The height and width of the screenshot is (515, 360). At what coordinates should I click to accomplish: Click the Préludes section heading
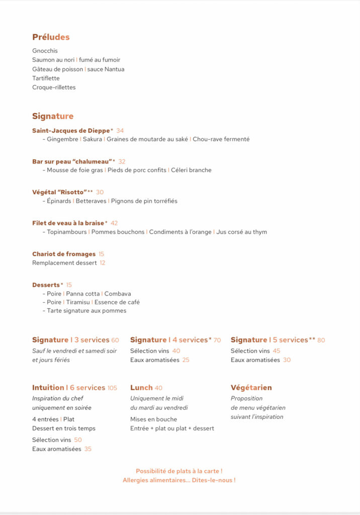51,37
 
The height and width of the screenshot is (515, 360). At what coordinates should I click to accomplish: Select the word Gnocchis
45,51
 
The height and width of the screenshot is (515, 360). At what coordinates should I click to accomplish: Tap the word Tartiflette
46,78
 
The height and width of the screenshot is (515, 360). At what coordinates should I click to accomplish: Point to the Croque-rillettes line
54,87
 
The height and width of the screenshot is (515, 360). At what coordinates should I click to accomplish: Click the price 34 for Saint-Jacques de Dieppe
120,131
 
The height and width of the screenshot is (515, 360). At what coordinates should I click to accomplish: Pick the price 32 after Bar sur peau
122,161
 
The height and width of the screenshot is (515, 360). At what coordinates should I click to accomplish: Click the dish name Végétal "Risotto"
59,192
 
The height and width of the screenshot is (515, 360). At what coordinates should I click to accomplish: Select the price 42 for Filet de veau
114,223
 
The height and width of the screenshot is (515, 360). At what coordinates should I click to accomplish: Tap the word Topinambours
67,232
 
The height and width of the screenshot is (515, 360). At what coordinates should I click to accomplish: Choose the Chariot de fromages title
64,254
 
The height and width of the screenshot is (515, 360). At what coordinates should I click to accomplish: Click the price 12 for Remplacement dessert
103,263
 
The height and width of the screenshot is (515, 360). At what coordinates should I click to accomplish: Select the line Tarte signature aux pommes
86,311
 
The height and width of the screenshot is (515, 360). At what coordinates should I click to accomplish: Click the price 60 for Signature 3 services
115,340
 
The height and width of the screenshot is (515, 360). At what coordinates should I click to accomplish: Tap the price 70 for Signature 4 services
217,340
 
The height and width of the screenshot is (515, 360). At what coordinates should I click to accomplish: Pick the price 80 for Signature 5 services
321,340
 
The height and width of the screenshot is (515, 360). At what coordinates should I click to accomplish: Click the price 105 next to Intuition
112,388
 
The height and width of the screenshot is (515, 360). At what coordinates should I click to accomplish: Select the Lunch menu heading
141,388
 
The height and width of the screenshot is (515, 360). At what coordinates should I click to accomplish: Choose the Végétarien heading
251,388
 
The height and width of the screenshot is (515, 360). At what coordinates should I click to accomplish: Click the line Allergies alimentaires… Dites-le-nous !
179,480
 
